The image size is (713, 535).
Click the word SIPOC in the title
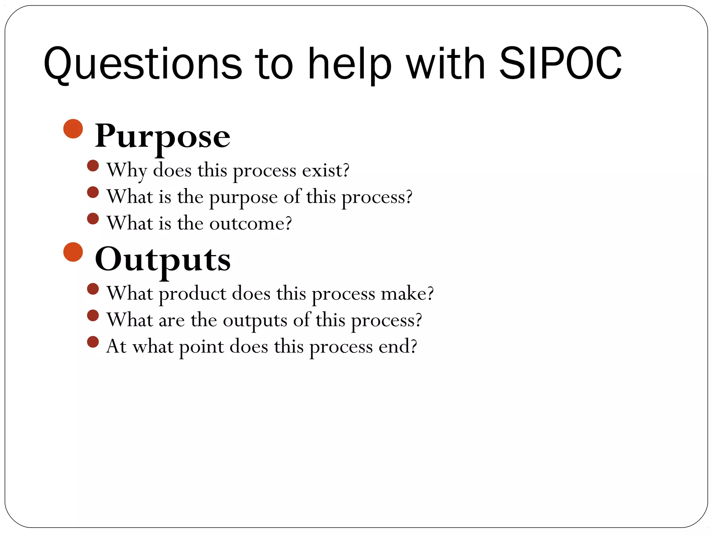[560, 64]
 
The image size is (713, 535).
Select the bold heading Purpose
[162, 137]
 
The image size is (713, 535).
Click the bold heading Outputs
[163, 259]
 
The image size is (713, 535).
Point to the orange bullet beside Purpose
[73, 129]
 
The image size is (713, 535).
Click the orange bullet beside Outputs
[73, 252]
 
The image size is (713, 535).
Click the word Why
[127, 171]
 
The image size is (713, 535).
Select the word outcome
[250, 223]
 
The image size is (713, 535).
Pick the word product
[193, 294]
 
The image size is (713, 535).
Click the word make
[407, 294]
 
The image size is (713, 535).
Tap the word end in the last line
[397, 347]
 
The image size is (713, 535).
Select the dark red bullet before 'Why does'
[93, 166]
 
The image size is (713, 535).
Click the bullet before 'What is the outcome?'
[93, 219]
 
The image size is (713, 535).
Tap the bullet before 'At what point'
[93, 342]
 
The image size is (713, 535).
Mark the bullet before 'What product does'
[93, 289]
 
